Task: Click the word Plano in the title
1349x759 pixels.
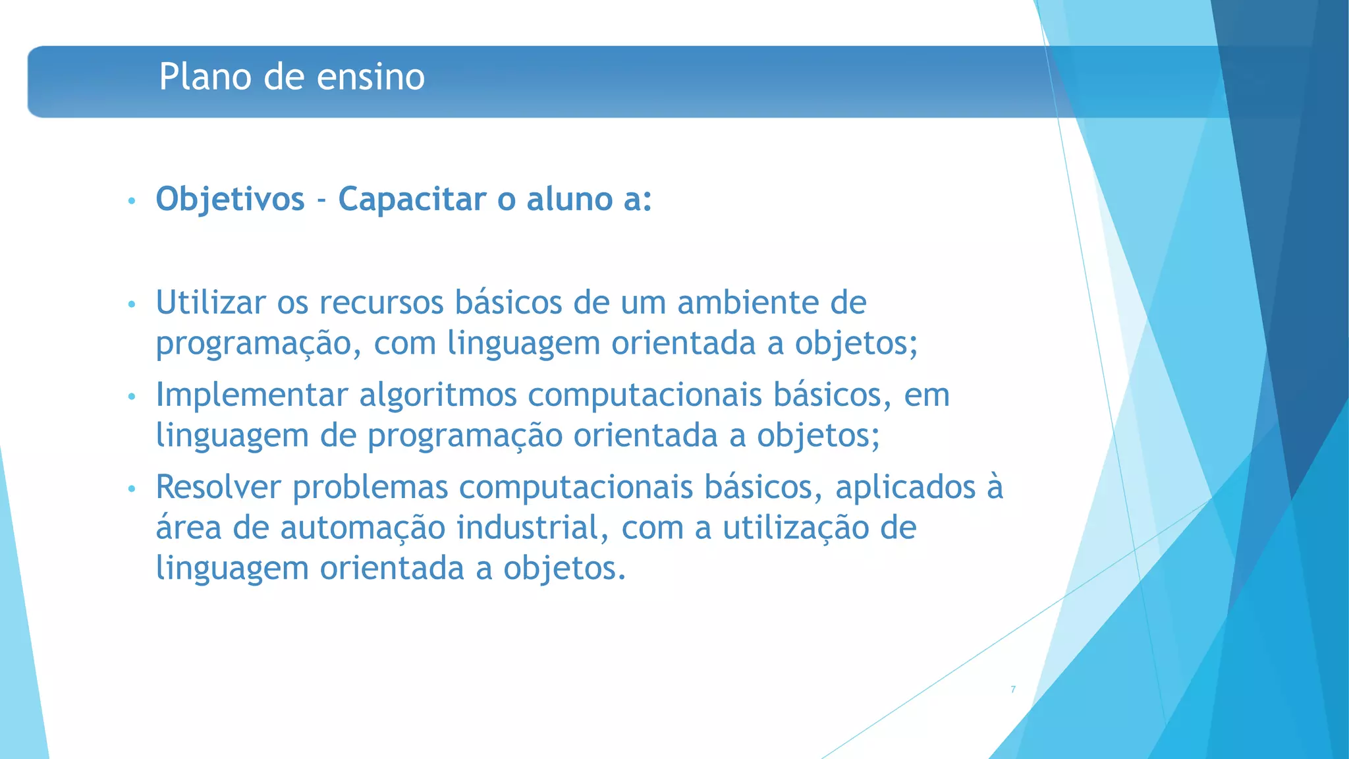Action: point(206,76)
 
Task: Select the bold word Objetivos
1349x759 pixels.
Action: point(230,199)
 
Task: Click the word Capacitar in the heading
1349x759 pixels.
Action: point(412,199)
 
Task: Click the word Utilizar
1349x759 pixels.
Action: point(211,303)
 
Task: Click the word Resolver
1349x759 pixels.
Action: point(219,488)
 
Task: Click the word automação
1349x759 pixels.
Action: point(363,528)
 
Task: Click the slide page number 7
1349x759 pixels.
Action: point(1013,689)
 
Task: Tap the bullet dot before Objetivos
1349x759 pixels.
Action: point(132,200)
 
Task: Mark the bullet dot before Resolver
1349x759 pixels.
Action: point(132,489)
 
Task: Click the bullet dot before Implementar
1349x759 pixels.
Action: point(132,397)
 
